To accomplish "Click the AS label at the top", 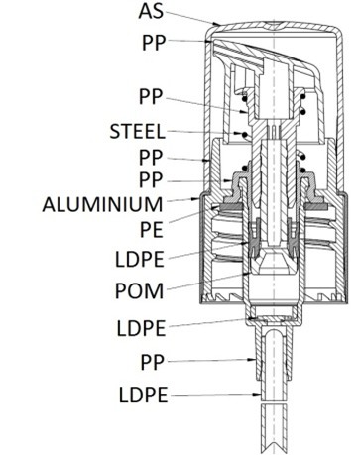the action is coord(151,11).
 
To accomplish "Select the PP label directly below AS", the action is coord(153,43).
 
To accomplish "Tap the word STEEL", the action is coord(137,132).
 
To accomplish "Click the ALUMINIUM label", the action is coord(102,204).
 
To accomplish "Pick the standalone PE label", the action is coord(152,230).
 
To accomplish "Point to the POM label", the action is coord(139,291).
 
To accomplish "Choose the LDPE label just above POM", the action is coord(139,260).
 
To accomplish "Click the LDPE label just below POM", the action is coord(141,329).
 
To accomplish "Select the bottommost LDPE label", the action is coord(143,396).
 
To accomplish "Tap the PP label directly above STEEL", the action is coord(151,97).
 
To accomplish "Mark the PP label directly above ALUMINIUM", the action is coord(151,180).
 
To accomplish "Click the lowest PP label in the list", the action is coord(153,363).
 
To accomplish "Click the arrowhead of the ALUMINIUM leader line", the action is coord(195,199).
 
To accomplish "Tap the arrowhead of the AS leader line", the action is coord(216,24).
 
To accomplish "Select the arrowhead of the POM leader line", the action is coord(247,274).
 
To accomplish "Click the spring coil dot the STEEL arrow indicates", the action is coord(245,135).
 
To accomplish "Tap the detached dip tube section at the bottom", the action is coord(274,428).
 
